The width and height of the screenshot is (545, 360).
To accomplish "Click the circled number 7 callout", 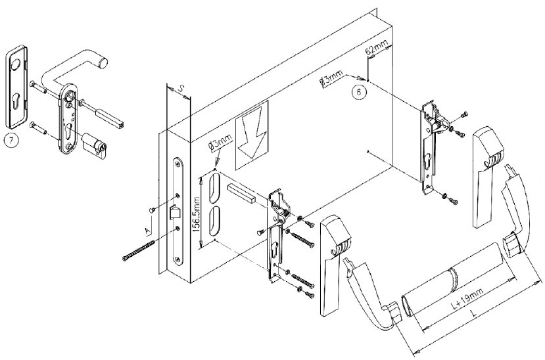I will (x=11, y=139).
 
